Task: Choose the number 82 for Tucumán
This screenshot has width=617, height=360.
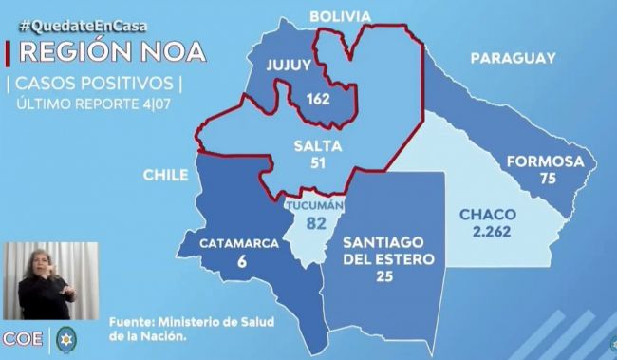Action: click(x=316, y=224)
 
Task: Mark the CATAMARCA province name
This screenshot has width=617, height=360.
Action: click(x=238, y=243)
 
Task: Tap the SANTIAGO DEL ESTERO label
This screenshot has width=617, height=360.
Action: click(x=388, y=249)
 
